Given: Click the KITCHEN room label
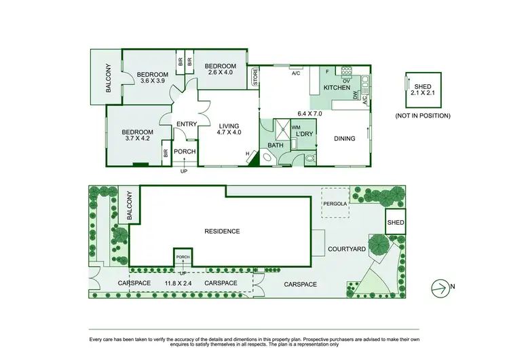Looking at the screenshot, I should coord(337,88).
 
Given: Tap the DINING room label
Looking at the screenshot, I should coord(344,139).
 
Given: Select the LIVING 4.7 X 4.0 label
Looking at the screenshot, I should coord(229,128).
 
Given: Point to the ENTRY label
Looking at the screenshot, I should coord(186,124).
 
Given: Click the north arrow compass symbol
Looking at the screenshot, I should coord(442,288).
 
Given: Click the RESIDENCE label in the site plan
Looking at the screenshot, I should coord(222,232).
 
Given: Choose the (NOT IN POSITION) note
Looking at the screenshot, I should coord(423,115).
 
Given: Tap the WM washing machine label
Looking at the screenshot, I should coord(296,127).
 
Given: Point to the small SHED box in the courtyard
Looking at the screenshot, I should coord(395,223).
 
